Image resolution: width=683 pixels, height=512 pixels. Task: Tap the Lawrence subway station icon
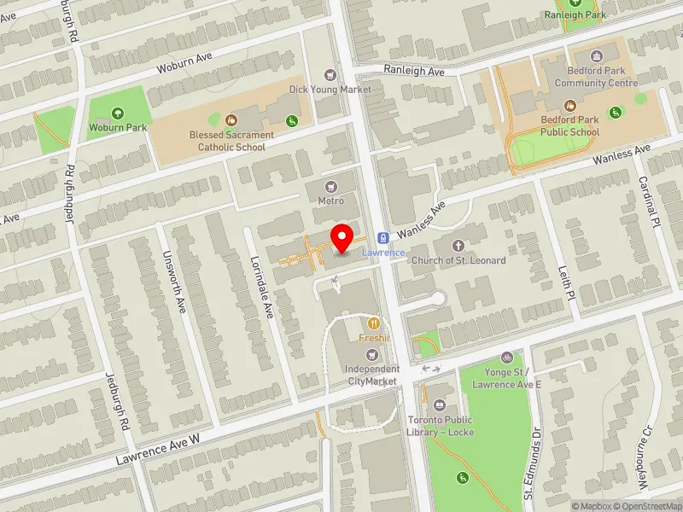coord(383,237)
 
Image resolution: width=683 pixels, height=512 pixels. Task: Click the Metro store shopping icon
coord(330,186)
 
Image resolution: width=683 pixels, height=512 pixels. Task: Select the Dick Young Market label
coord(330,89)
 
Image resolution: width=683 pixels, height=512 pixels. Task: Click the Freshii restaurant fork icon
coord(374,323)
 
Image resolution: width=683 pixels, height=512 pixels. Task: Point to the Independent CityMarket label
coord(371,375)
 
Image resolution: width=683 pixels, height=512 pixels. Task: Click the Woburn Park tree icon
coord(118,113)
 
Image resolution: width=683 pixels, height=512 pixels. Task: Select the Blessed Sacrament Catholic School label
coord(232,141)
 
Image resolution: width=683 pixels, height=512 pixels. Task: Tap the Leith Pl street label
coord(567,281)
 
